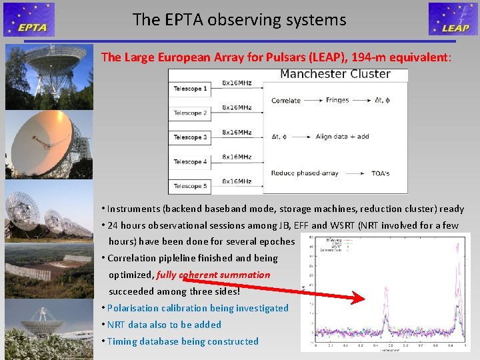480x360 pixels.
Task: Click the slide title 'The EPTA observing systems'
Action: [x=239, y=20]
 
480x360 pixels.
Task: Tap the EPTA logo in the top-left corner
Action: [x=29, y=19]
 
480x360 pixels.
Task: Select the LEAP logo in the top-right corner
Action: [x=453, y=19]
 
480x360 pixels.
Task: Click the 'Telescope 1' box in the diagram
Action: [x=191, y=89]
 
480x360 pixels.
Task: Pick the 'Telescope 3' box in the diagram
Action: [x=191, y=137]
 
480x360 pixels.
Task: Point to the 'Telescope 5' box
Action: [x=191, y=186]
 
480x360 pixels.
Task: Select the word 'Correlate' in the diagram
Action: [x=286, y=101]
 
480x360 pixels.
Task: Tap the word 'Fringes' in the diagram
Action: [x=337, y=101]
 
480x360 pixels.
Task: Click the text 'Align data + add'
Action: [x=343, y=137]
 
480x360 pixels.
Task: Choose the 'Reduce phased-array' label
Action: [x=305, y=173]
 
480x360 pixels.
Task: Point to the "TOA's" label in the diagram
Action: [x=381, y=173]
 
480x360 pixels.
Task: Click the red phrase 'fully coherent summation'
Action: [x=213, y=275]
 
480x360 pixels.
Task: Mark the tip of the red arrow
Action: [x=364, y=299]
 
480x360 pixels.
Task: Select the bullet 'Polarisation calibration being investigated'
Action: [x=197, y=308]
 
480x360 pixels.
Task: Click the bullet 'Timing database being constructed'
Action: [x=183, y=341]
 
